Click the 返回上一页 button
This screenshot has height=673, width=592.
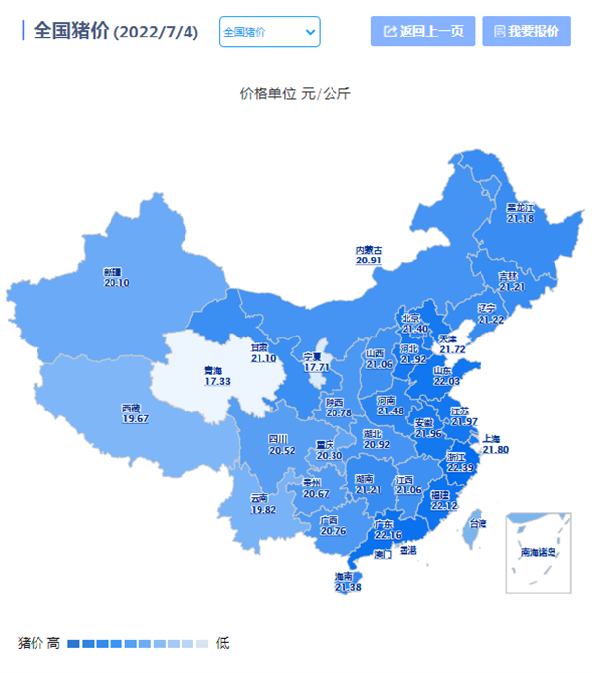[422, 31]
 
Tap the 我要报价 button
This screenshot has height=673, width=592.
[526, 31]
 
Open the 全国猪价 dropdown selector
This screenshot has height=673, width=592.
[268, 32]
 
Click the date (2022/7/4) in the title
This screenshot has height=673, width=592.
[156, 33]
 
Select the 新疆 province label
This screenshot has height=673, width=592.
[116, 272]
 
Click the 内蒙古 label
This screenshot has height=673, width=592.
[369, 250]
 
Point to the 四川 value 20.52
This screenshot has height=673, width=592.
[282, 450]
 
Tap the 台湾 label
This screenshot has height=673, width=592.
[478, 523]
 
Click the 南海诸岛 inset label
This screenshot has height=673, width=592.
[539, 552]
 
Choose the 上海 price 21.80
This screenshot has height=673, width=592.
[495, 450]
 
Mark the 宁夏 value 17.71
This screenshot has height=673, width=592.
[316, 367]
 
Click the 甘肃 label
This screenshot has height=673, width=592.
[262, 347]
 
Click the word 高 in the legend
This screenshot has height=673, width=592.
[53, 643]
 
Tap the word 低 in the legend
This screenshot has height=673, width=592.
[223, 643]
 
